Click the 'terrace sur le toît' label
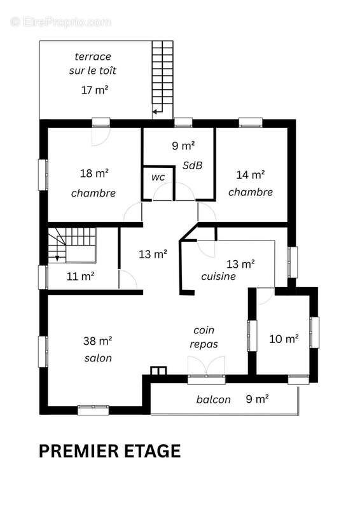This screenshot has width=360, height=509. click(x=92, y=63)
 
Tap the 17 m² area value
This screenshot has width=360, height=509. click(x=95, y=90)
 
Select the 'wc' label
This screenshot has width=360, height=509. click(x=158, y=178)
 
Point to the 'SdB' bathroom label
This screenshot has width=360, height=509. click(x=193, y=165)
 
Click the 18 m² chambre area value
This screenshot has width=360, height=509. click(x=94, y=173)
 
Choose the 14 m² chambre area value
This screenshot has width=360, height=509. click(x=250, y=174)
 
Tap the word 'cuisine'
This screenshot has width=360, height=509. click(x=218, y=276)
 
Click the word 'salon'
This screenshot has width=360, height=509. click(x=98, y=358)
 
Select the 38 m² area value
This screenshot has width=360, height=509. click(x=98, y=341)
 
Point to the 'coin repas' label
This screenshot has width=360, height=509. click(x=204, y=337)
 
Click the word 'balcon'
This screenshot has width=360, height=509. click(x=213, y=400)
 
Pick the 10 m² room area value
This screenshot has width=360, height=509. click(x=284, y=339)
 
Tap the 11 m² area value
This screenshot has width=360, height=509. click(x=81, y=276)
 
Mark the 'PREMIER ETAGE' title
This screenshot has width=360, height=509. click(x=110, y=451)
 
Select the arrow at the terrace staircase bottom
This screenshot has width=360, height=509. click(x=158, y=111)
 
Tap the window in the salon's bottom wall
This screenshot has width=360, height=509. click(x=93, y=410)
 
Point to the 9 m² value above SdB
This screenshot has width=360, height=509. click(x=183, y=146)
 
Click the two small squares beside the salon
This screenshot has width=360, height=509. click(x=159, y=371)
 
